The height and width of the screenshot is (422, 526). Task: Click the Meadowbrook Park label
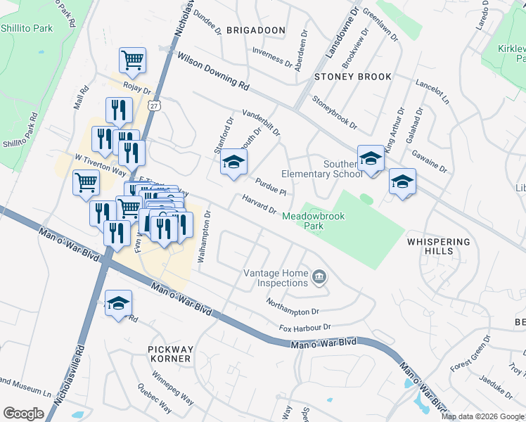314,222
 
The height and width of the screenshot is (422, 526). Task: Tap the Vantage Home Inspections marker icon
319,278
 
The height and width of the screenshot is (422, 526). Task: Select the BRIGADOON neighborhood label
256,30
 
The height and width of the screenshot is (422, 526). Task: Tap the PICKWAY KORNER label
169,354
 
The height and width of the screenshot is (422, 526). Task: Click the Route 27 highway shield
154,105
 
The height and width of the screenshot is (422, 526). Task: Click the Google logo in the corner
23,414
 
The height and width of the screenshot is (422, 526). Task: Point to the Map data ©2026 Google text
482,416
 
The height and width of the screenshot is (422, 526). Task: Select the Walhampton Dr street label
203,237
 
